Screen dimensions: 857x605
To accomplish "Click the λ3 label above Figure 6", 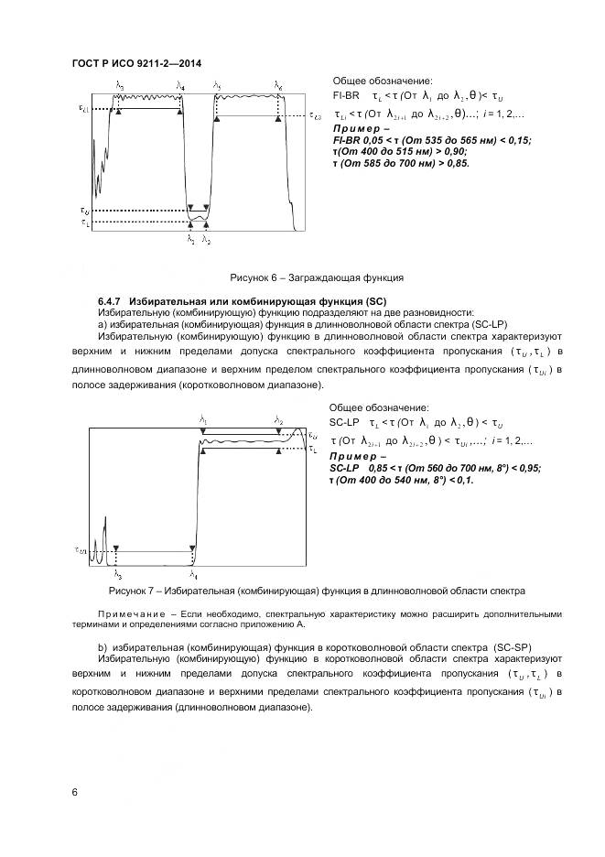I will tap(120, 85).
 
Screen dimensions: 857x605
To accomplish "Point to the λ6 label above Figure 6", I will tap(278, 85).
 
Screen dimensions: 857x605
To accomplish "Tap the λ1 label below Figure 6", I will tap(190, 239).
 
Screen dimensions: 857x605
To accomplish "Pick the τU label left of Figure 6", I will tap(84, 210).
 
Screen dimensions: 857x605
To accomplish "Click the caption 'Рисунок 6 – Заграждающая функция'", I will tap(316, 277).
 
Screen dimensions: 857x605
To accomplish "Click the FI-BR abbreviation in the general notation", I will tap(344, 95).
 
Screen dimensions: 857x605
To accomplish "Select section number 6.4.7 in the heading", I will tap(111, 300).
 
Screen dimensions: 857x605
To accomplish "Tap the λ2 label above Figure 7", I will tap(279, 420).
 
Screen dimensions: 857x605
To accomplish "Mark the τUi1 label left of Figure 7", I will tap(81, 550).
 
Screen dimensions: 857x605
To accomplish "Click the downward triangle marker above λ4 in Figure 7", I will tap(192, 547).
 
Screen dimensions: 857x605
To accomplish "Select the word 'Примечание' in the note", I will tap(130, 613).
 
